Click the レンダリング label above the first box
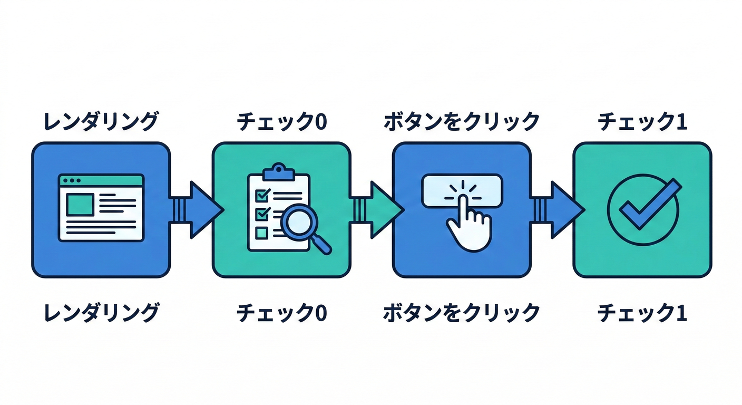101,122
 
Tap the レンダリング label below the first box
101,313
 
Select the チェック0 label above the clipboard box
281,122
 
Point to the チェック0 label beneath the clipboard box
281,313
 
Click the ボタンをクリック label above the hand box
461,122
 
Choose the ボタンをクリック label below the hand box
461,313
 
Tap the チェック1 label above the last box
642,122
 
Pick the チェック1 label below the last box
642,313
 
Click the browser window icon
101,208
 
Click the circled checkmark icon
642,209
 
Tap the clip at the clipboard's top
278,171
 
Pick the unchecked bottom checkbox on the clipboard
261,233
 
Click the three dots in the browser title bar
71,180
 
